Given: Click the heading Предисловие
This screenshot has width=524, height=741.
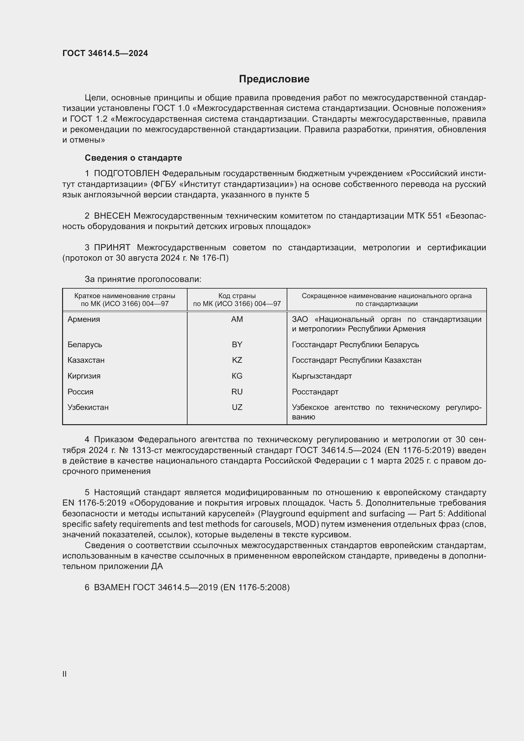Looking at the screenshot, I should [274, 79].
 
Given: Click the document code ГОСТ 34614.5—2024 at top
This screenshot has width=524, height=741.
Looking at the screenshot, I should [105, 53].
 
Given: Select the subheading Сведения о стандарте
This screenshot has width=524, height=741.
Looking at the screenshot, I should [133, 158].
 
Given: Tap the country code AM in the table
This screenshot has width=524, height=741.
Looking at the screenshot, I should [237, 319].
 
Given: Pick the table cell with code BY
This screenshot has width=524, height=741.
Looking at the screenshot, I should [237, 344].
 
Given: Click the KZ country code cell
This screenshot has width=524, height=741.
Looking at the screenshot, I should [237, 360].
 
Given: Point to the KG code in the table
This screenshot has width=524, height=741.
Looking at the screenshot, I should [237, 376].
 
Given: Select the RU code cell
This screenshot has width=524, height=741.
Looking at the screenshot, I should [237, 392].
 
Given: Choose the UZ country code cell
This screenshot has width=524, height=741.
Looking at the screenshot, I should [237, 407].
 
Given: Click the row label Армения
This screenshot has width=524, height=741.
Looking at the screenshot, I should [84, 319].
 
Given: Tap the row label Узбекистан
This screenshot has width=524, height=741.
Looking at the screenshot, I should [88, 407].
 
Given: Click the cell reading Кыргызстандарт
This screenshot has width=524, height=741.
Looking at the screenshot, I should [322, 376].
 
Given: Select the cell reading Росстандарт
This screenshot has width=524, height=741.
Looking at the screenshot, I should [315, 392].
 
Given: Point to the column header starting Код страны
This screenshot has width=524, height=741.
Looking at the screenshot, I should [237, 299].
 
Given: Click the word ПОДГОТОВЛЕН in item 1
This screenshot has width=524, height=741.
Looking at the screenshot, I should [126, 173].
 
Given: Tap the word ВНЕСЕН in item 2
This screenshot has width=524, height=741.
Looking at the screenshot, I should [112, 216].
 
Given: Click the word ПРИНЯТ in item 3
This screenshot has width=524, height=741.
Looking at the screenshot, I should [112, 247].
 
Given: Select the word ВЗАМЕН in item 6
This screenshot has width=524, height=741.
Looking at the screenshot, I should [112, 587].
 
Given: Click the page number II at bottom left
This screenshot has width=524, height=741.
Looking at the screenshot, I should [65, 674].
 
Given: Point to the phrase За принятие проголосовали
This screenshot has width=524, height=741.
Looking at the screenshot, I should [143, 279].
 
